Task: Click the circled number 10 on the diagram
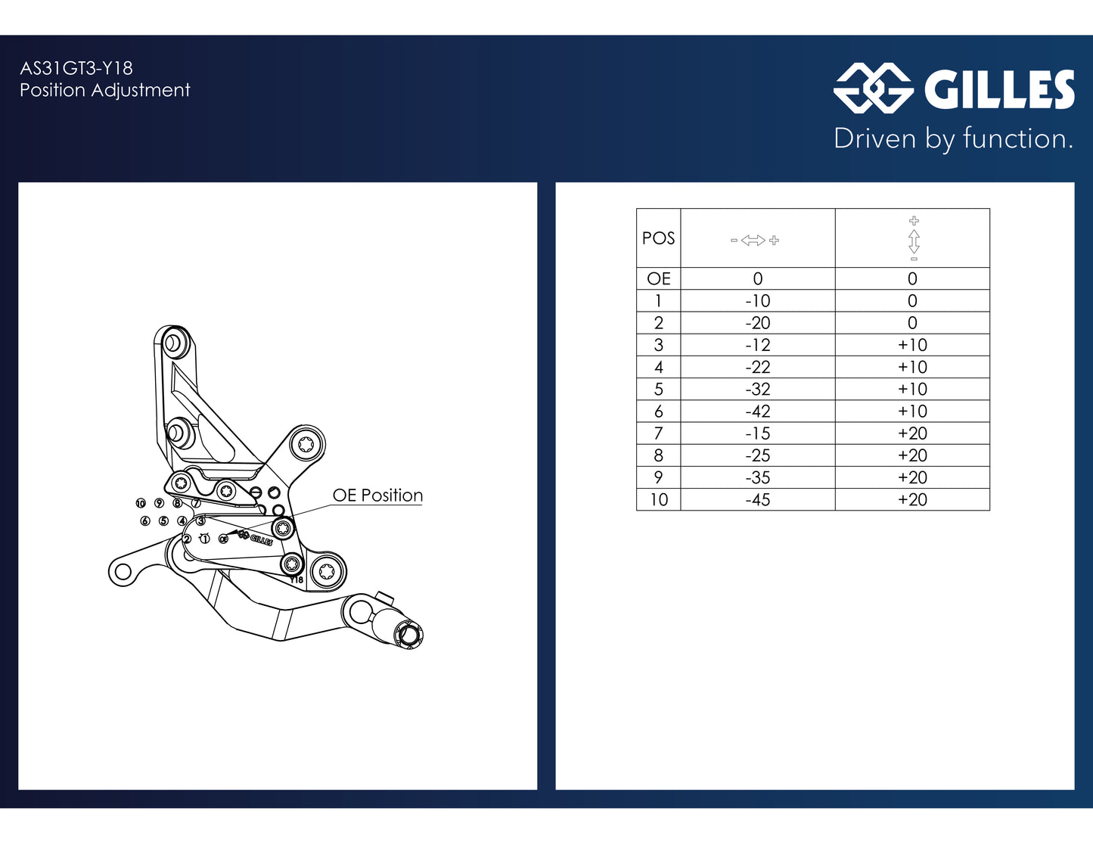click(141, 503)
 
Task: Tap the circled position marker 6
click(145, 521)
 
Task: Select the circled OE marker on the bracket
click(223, 539)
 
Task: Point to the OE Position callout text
click(377, 496)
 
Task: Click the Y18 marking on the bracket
click(297, 579)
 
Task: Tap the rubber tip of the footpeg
click(409, 635)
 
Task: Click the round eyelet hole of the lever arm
click(123, 572)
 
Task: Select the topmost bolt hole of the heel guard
click(172, 343)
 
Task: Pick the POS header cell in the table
click(658, 238)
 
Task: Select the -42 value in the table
click(757, 412)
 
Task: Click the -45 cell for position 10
click(757, 499)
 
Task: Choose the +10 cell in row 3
click(912, 345)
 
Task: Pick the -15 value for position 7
click(757, 433)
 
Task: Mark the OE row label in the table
click(658, 278)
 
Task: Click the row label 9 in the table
click(658, 477)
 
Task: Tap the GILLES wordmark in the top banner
click(999, 89)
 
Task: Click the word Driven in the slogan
click(874, 138)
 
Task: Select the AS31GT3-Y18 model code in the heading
click(76, 68)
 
